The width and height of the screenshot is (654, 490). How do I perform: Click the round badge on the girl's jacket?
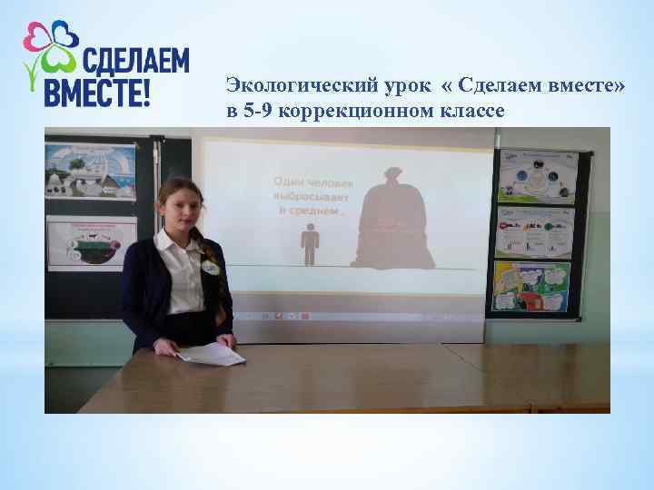(211, 268)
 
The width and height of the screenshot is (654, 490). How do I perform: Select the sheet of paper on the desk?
(210, 354)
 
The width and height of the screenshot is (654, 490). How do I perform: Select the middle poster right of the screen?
(535, 231)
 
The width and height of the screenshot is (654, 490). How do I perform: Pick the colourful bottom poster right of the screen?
(531, 287)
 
